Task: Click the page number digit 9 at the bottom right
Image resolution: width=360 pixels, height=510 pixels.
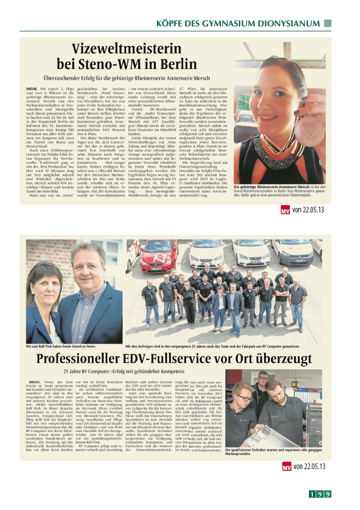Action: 327,494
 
